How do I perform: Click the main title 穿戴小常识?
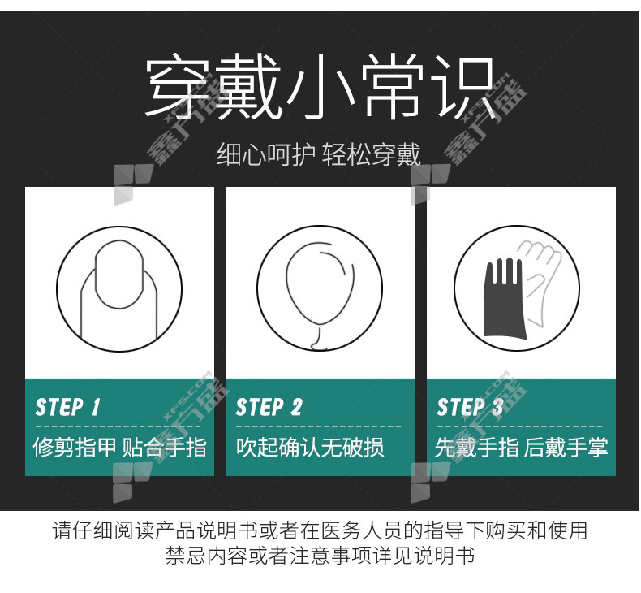(x=320, y=87)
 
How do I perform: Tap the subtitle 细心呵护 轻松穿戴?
(x=319, y=154)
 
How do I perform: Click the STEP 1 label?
(x=68, y=407)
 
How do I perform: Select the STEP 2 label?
(x=269, y=407)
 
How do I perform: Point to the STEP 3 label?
(x=470, y=407)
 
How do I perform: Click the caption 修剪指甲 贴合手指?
(x=120, y=447)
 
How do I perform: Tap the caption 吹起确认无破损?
(x=310, y=447)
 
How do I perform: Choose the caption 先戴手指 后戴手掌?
(x=521, y=447)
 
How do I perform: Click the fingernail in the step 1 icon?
(x=119, y=275)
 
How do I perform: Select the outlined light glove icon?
(x=540, y=279)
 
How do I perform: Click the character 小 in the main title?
(x=320, y=87)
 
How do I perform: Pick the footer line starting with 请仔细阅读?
(x=320, y=530)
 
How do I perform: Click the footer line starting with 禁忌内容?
(x=320, y=556)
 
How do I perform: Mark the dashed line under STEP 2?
(x=319, y=426)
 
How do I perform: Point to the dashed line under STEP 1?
(x=118, y=426)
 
